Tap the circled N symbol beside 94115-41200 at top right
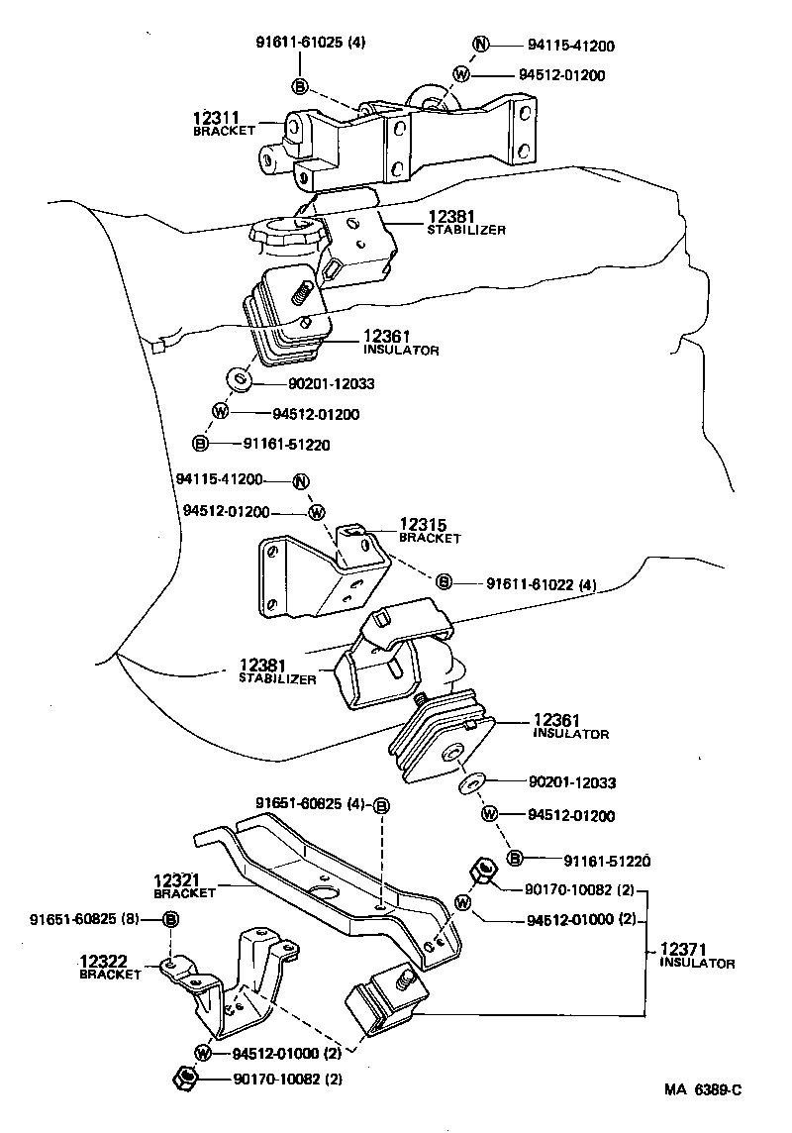pyautogui.click(x=480, y=45)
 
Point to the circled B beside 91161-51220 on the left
pyautogui.click(x=200, y=444)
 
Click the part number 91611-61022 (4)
pyautogui.click(x=541, y=583)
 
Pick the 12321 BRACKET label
pyautogui.click(x=185, y=884)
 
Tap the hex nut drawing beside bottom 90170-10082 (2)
pyautogui.click(x=183, y=1079)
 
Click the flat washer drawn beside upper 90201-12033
pyautogui.click(x=240, y=379)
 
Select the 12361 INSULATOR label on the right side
pyautogui.click(x=569, y=726)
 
